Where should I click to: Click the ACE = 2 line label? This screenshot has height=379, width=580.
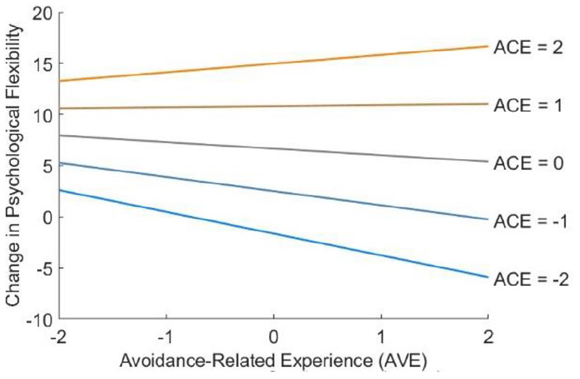click(528, 48)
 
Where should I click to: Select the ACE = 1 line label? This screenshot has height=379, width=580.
click(528, 106)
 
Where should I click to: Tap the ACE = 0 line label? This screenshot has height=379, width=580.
click(528, 163)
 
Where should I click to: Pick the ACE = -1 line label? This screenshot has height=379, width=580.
click(530, 221)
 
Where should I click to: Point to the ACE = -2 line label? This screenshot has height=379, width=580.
click(531, 279)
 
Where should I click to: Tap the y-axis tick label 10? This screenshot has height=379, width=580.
click(43, 115)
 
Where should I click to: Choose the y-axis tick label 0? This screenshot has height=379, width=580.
click(49, 217)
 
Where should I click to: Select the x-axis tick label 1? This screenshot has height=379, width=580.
click(381, 337)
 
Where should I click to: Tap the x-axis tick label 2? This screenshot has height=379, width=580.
click(488, 337)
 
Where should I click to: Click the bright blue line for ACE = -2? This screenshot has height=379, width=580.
click(274, 234)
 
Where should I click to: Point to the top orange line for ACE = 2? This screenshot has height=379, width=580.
click(274, 63)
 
